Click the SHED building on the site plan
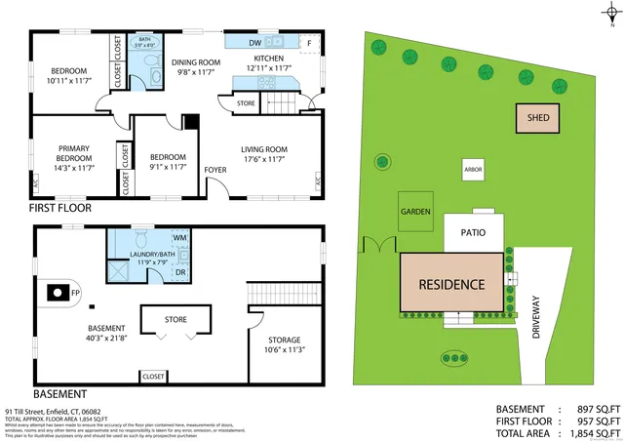tap(538, 118)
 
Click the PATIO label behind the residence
tap(474, 233)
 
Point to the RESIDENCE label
tap(451, 285)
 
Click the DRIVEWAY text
tap(536, 317)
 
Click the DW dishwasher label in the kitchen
tap(253, 43)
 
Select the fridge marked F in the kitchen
tap(310, 43)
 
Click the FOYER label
tap(214, 170)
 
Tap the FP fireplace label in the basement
tap(75, 292)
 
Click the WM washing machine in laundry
tap(179, 237)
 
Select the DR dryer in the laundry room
tap(180, 272)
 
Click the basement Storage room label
tap(285, 340)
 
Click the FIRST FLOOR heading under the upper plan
tap(60, 208)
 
